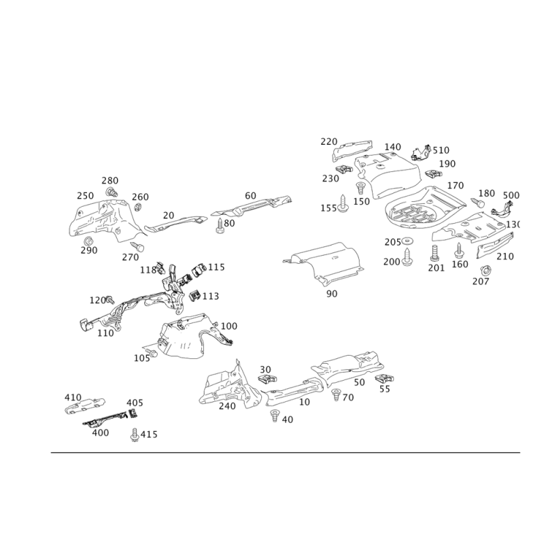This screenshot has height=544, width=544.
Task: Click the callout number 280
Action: (x=110, y=180)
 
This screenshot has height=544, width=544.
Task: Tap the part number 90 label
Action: (x=332, y=294)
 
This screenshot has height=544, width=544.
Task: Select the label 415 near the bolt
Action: (x=149, y=435)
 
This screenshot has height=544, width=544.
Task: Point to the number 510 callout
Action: (x=441, y=150)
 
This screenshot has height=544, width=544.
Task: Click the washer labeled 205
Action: (x=407, y=241)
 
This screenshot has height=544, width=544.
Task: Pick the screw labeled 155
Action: (x=343, y=203)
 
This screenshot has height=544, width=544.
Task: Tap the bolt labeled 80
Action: (x=219, y=226)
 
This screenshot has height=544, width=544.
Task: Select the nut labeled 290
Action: (x=88, y=241)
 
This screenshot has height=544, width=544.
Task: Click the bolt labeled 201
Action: (x=435, y=253)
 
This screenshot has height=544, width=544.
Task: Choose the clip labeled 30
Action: (x=267, y=379)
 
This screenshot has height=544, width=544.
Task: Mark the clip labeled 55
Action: (x=384, y=379)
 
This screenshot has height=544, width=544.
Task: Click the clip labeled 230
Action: (x=345, y=169)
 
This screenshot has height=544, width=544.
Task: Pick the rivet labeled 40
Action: (x=275, y=415)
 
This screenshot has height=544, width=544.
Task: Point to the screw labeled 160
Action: (x=458, y=250)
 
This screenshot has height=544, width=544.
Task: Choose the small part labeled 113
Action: (x=195, y=296)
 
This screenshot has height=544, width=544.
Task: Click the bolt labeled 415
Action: (x=135, y=435)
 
